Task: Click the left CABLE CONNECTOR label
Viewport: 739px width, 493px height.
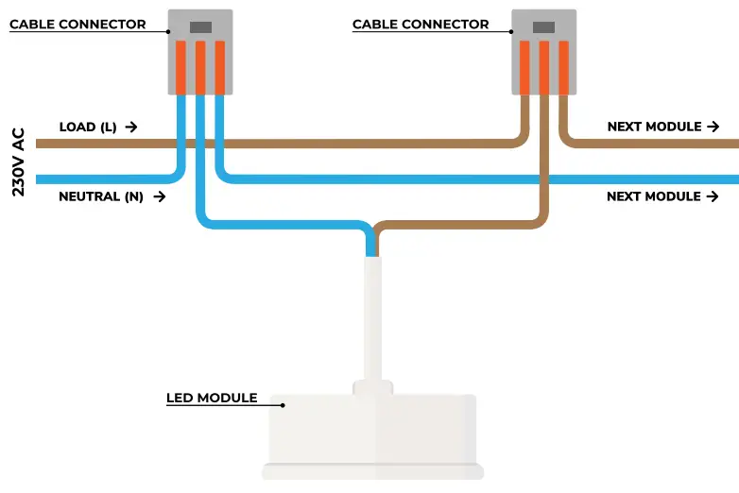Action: coord(77,25)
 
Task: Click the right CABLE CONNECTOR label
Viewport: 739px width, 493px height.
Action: coord(421,25)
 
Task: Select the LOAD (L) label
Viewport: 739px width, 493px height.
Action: coord(88,127)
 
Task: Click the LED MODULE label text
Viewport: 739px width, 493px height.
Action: coord(212,398)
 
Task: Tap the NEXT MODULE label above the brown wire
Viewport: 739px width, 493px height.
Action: coord(654,127)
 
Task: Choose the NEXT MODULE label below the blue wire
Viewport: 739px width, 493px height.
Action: coord(654,196)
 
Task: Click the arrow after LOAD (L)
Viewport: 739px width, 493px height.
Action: coord(130,127)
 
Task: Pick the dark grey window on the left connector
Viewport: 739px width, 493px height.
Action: coord(200,27)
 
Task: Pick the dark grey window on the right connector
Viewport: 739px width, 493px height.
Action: coord(543,27)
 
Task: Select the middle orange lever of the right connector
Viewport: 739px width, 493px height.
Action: coord(543,67)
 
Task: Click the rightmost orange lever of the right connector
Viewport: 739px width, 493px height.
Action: coord(563,67)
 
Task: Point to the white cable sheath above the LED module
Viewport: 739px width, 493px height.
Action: coord(371,316)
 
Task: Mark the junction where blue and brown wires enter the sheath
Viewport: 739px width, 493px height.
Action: coord(371,251)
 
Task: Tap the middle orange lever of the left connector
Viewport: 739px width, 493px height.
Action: coord(200,67)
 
